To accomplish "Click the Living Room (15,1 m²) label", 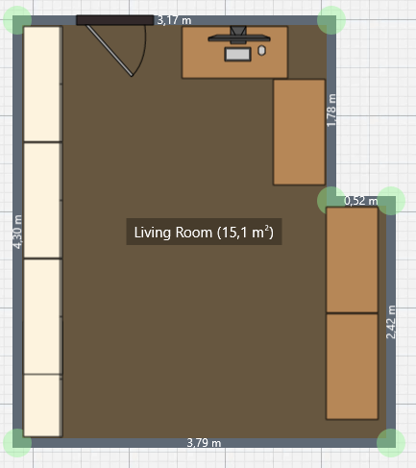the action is pos(204,232).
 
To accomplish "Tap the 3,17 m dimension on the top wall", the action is pos(174,20).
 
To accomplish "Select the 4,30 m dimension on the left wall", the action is pos(17,232).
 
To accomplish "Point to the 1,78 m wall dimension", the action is pos(331,111).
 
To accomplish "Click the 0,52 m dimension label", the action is pos(361,201).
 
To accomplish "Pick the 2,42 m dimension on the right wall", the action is pos(391,322).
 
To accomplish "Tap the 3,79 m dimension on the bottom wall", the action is pos(204,443).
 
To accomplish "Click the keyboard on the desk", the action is pos(237,54).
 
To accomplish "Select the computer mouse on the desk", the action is pos(261,51).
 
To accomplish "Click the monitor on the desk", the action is pos(238,37).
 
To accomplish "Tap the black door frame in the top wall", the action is pos(115,20).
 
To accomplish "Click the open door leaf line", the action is pos(110,51).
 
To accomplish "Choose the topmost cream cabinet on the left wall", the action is pos(42,84).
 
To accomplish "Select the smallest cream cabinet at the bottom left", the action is pos(42,406).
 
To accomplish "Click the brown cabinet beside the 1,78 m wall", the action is pos(299,132).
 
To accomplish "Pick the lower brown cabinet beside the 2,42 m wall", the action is pos(352,366).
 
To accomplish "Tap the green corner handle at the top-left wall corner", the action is pos(17,20).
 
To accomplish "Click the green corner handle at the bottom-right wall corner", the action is pos(391,443).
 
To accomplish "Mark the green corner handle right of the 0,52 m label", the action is pos(391,201).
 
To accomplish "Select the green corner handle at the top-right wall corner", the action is pos(331,20).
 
